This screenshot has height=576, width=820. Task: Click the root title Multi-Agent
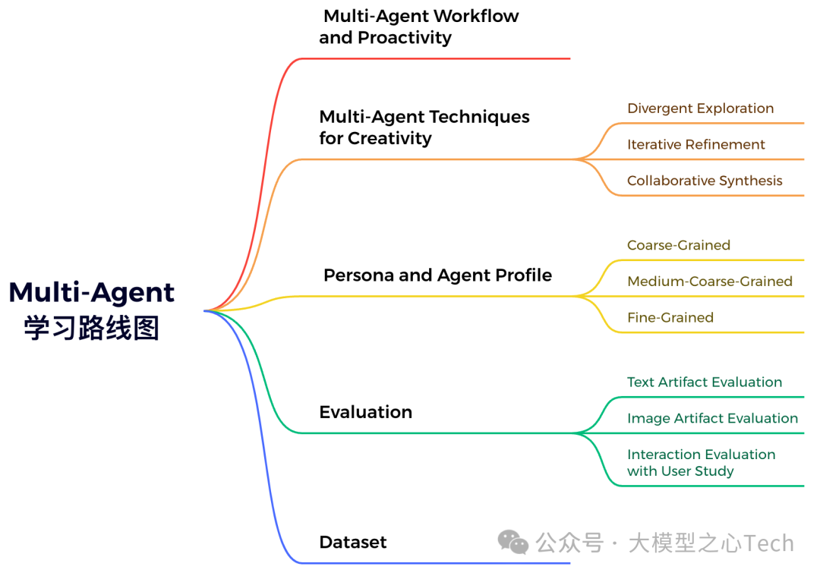[x=92, y=292]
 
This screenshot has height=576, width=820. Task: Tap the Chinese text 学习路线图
[x=92, y=328]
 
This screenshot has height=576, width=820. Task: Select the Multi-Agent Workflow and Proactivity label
[x=419, y=27]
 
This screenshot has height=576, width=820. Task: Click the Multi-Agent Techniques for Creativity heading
[x=424, y=127]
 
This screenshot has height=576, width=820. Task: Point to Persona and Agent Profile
[x=437, y=275]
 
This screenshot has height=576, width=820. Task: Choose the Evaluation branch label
[x=365, y=412]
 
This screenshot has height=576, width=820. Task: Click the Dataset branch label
[x=353, y=542]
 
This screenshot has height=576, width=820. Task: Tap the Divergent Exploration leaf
[x=700, y=109]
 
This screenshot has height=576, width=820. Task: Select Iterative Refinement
[x=695, y=144]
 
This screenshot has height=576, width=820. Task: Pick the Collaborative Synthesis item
[x=705, y=181]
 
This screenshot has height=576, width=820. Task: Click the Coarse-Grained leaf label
[x=678, y=245]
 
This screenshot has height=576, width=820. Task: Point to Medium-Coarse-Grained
[x=709, y=282]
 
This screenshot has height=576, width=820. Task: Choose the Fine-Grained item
[x=670, y=317]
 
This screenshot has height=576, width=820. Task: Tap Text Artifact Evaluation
[x=704, y=382]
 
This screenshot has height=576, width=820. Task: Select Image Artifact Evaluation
[x=712, y=418]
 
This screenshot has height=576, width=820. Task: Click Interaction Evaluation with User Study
[x=701, y=463]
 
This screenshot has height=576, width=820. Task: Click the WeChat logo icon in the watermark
[x=513, y=542]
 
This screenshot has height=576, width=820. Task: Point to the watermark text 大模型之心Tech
[x=711, y=543]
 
